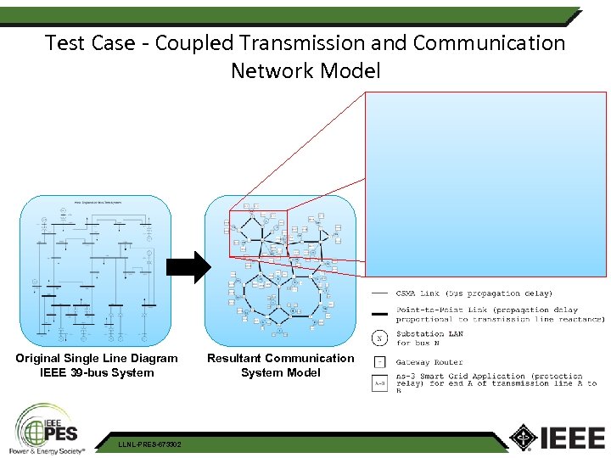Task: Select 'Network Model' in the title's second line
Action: (305, 70)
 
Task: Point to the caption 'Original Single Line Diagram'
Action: (97, 358)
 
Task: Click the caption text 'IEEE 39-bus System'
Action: (97, 372)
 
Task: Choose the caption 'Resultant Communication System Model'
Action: (281, 366)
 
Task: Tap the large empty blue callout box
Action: (486, 183)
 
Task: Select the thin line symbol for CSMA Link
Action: (380, 293)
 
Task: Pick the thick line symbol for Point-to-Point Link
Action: (380, 314)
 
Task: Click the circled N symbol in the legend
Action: (380, 338)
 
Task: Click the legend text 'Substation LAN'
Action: (432, 334)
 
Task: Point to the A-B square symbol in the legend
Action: (380, 383)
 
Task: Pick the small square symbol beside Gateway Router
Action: (380, 362)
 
